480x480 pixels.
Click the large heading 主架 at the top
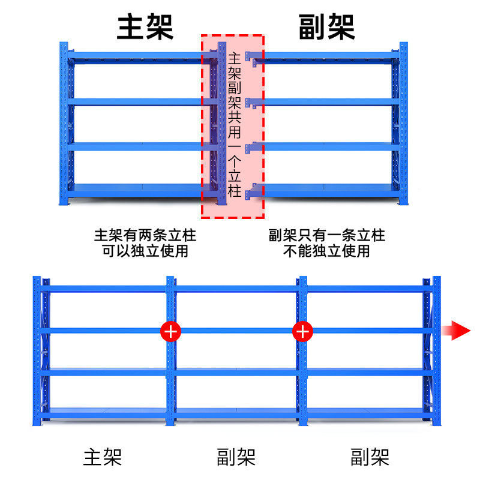[145, 27]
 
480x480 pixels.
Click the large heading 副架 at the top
[326, 27]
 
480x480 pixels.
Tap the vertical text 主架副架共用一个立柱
[235, 125]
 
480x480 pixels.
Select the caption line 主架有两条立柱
[145, 235]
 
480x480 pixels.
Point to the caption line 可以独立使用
[145, 251]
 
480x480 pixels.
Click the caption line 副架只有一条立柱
[326, 235]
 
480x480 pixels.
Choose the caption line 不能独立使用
[326, 251]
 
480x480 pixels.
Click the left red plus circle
[170, 331]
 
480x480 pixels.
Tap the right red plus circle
[302, 331]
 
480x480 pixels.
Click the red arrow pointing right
[456, 331]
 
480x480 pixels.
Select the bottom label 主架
[103, 457]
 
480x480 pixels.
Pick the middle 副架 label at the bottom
[236, 457]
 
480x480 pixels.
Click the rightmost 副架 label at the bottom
[370, 457]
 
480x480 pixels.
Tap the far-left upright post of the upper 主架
[64, 124]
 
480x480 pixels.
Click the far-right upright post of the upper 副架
[403, 124]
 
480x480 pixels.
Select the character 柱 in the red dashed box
[235, 191]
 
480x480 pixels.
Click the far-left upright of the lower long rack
[37, 351]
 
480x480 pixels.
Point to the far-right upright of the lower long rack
[437, 351]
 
